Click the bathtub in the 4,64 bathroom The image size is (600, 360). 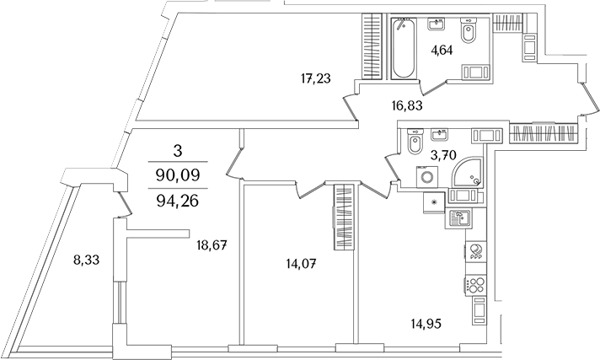point(404,48)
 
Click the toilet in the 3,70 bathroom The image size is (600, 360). point(414,146)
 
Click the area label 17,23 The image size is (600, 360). point(314,79)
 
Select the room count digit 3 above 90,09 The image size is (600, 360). point(177,151)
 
